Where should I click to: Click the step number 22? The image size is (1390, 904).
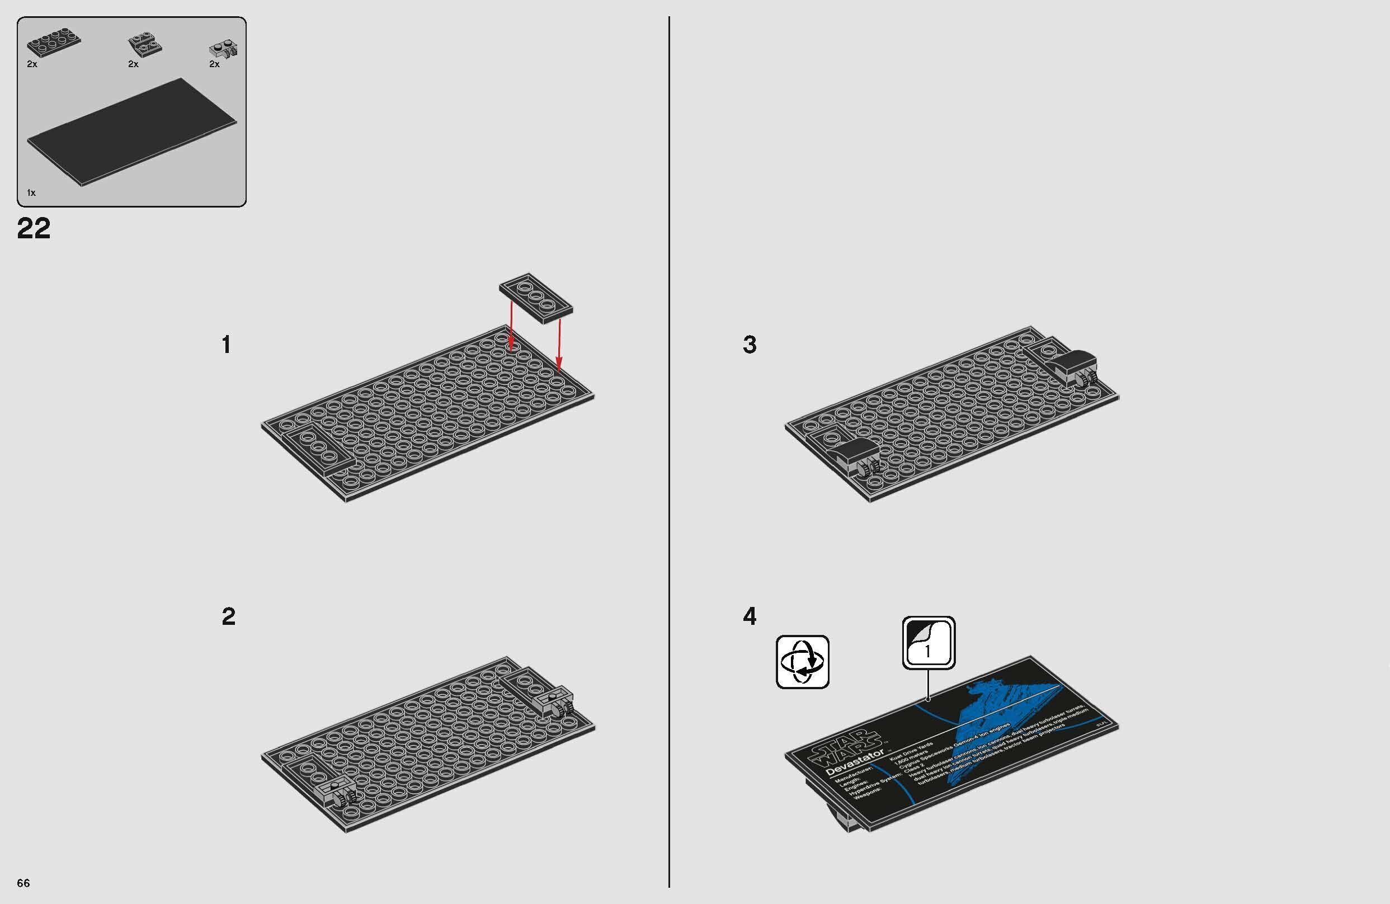pos(34,228)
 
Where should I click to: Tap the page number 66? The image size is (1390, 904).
pos(23,882)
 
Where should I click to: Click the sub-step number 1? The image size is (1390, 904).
pos(227,345)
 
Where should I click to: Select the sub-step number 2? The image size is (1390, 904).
pos(228,616)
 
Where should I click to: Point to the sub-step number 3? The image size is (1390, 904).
pos(750,345)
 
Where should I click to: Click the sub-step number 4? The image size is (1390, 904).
pos(750,616)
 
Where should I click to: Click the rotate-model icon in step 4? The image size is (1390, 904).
pos(803,662)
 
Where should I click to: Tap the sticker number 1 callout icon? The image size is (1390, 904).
pos(929,642)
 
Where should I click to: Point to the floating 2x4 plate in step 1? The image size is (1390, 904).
pos(536,298)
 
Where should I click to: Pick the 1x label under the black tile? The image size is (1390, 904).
pos(31,192)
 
